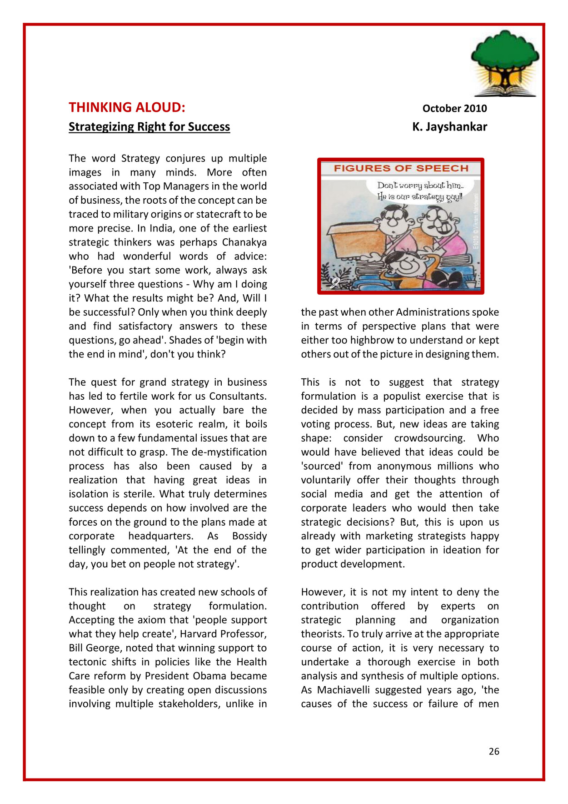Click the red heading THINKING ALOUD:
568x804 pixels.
tap(127, 107)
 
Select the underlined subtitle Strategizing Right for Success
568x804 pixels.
tap(149, 126)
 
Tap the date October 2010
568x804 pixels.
tap(454, 108)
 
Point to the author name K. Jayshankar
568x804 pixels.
tap(449, 126)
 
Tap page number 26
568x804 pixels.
tap(494, 751)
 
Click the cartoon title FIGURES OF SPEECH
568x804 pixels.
tap(401, 168)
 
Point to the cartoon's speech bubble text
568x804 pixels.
tap(420, 191)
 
